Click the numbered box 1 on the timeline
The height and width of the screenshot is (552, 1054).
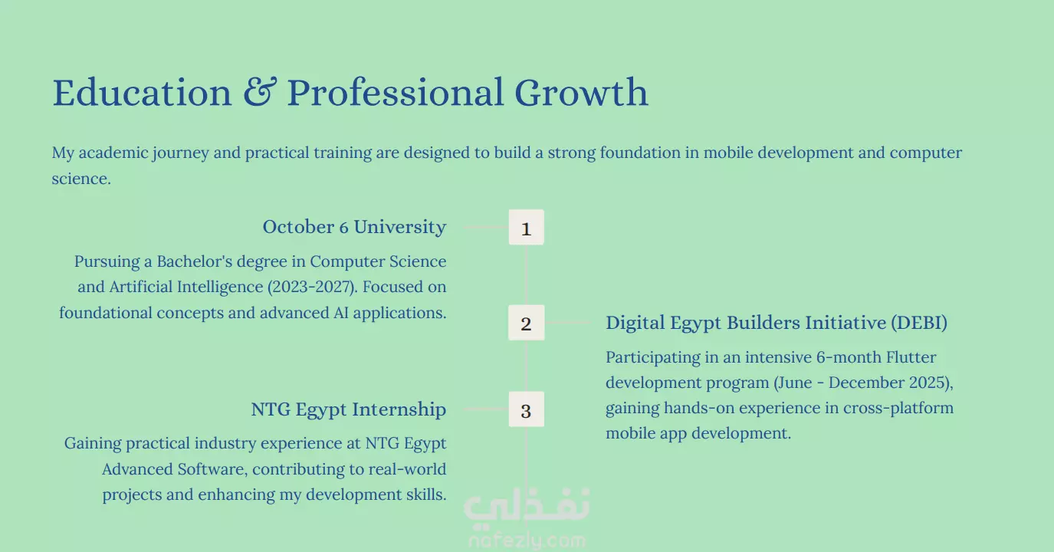tap(526, 227)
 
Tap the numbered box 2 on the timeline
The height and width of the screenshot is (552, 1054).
tap(526, 323)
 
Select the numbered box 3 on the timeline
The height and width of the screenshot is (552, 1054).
tap(526, 409)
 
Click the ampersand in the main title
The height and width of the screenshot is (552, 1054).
tap(259, 92)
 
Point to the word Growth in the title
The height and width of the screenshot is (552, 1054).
tap(582, 92)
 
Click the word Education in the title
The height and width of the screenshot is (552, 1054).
tap(142, 92)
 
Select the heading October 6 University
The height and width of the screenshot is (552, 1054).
tap(354, 227)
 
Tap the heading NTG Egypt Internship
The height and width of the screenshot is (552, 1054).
tap(348, 409)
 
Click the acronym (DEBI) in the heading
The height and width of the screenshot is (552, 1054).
tap(919, 323)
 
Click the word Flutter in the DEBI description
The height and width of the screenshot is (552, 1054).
tap(911, 357)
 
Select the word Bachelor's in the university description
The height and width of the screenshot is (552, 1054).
tap(195, 261)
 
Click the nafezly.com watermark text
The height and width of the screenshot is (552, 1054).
tap(527, 540)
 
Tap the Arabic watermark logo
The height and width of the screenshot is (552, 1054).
tap(527, 504)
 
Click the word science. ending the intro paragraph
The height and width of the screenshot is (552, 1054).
tap(81, 179)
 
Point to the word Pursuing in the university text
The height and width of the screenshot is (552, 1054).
tap(107, 261)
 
